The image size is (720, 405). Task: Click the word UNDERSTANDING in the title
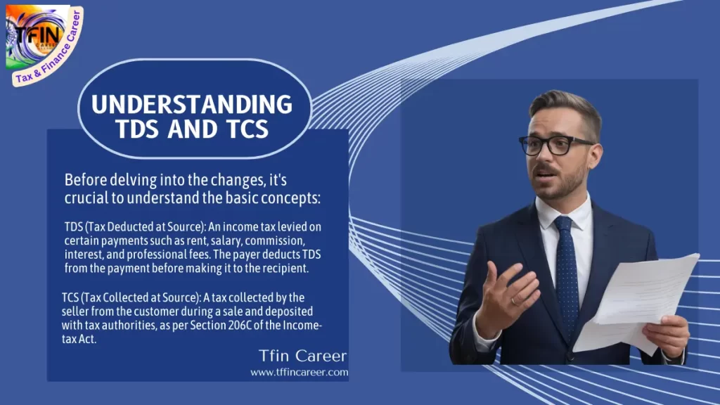pos(192,104)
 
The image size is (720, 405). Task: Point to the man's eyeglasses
pos(556,145)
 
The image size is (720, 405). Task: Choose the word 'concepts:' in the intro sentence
pos(291,198)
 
